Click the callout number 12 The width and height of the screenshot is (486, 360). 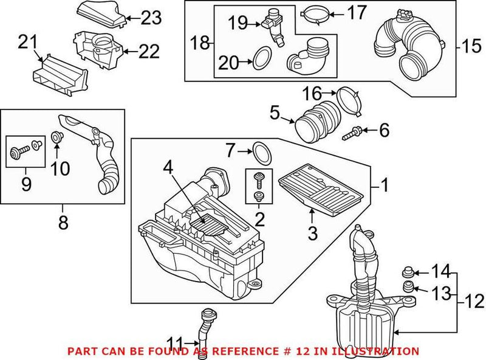(x=475, y=301)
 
